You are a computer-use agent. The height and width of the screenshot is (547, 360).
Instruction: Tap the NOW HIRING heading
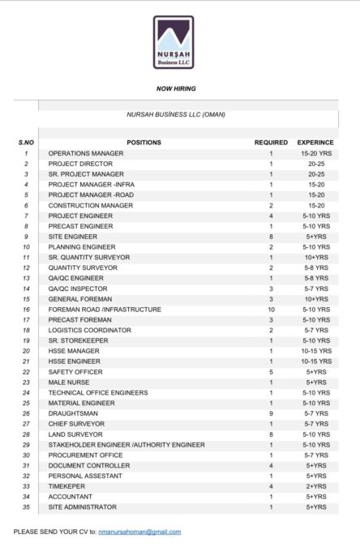pos(176,88)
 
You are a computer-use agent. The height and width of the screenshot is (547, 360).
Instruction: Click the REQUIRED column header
pos(271,143)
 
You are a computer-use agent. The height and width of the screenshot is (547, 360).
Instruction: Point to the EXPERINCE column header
pos(315,143)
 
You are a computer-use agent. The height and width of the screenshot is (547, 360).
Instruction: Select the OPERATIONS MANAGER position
pos(86,153)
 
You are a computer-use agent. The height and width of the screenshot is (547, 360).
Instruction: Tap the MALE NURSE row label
pos(70,382)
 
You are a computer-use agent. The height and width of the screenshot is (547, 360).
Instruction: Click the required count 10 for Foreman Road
pos(271,309)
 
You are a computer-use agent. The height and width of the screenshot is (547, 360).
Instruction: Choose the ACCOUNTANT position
pos(71,497)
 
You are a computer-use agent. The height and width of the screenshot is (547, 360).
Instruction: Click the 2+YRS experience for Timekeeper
pos(315,486)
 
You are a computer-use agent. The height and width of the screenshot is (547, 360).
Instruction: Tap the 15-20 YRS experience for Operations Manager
pos(315,153)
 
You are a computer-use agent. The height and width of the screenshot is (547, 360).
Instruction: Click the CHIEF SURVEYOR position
pos(76,424)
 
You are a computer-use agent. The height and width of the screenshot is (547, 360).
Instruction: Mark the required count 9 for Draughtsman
pos(271,413)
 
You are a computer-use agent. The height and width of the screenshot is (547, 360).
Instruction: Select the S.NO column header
pos(26,143)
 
